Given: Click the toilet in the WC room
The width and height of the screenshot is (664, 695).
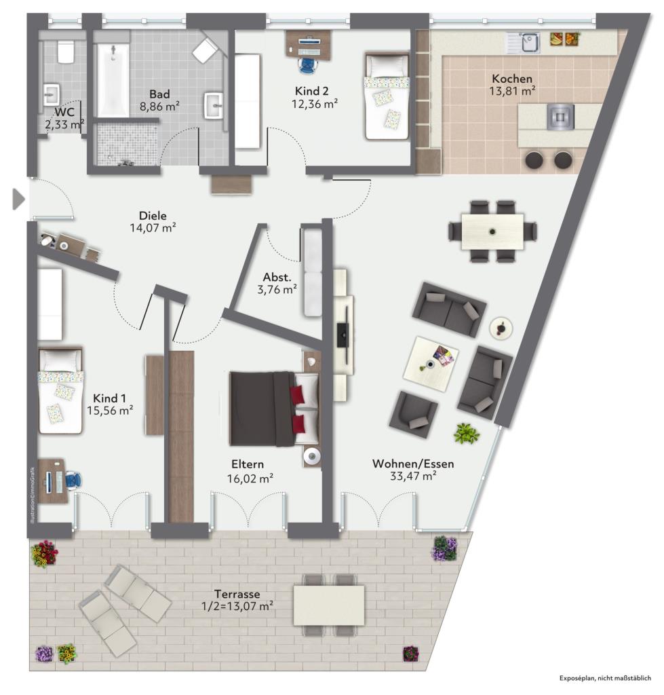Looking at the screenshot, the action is coord(66,52).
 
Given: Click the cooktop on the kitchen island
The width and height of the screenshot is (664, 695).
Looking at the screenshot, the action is coord(561,117).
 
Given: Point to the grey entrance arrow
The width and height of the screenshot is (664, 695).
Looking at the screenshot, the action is coord(18,200).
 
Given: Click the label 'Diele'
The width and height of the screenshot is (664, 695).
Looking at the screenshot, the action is coord(153,216).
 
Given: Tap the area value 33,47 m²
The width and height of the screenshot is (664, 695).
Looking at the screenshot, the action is coord(413,476).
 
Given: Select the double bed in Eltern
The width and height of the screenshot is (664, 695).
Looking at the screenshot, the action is coord(274,409).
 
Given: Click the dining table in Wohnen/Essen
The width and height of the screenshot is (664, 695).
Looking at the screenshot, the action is coord(492,231).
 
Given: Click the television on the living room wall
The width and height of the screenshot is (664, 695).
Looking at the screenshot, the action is coord(343,335).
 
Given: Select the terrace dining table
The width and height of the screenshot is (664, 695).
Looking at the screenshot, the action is coord(329,605).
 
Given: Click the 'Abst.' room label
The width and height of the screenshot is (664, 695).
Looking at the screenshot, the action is coord(277,278).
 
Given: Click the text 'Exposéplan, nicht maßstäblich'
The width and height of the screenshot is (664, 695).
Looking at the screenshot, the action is coord(605,678).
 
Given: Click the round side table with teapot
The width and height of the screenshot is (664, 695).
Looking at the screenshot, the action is coord(501,328).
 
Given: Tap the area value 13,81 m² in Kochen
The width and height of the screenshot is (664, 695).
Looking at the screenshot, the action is coord(512,92).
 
